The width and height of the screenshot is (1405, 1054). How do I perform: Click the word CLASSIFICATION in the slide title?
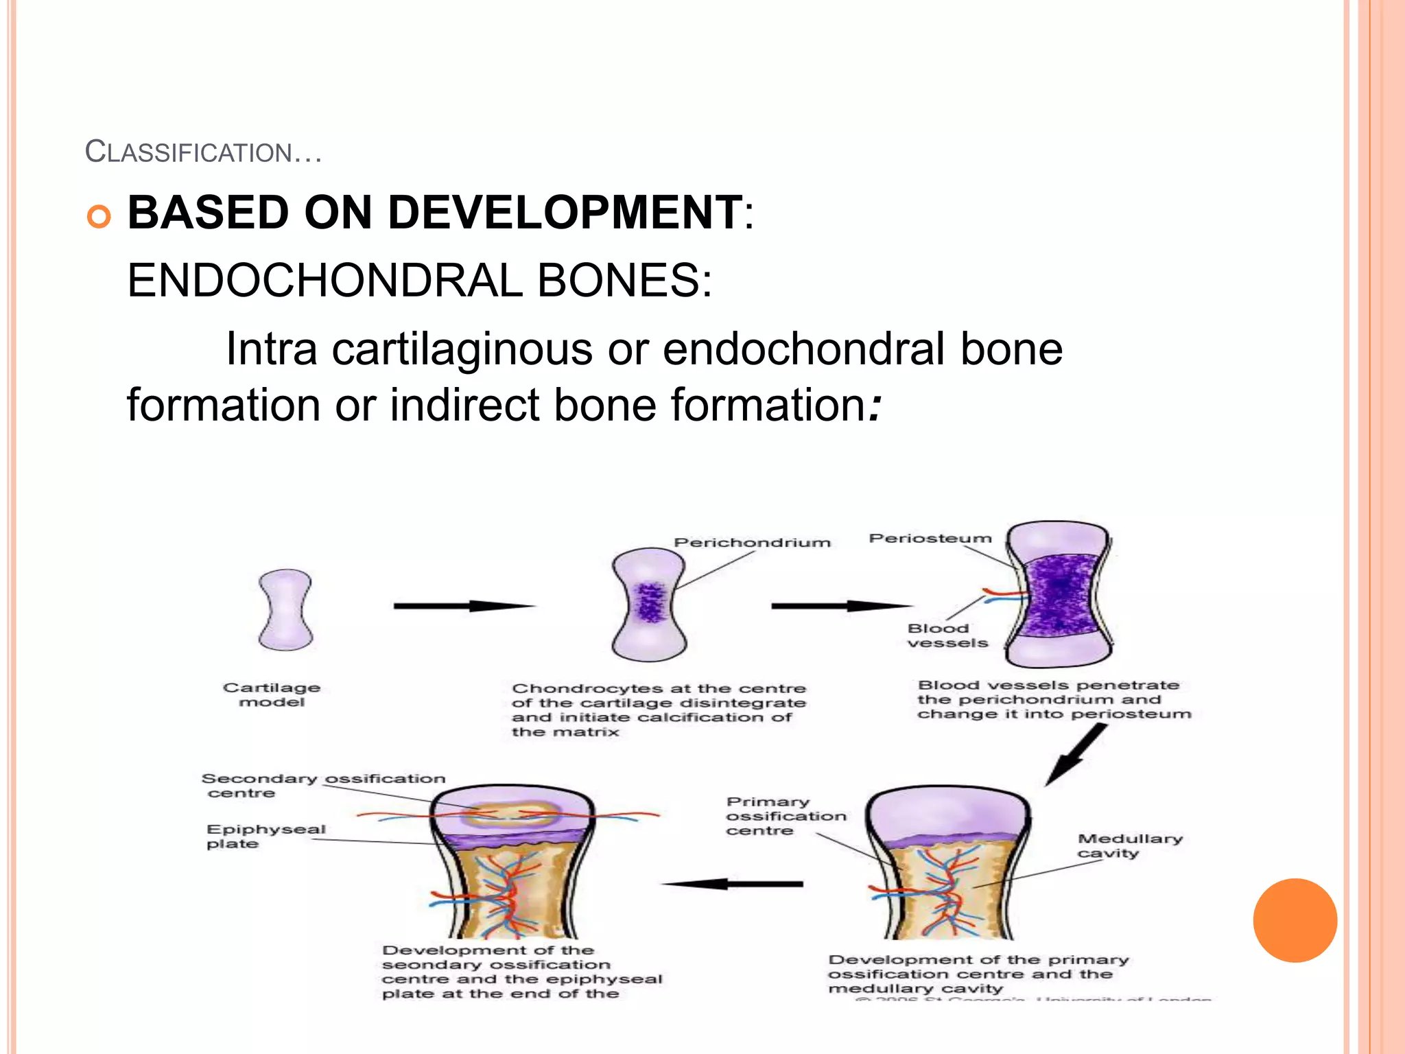pos(189,152)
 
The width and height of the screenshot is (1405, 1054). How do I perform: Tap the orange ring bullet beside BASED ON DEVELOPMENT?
pos(99,217)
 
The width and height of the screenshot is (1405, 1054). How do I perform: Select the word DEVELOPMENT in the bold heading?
pos(565,213)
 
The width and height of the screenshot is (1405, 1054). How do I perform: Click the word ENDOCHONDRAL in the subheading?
pos(324,281)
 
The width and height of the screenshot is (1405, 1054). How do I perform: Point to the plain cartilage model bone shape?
pos(285,609)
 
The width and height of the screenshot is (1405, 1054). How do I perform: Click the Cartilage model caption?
pos(272,694)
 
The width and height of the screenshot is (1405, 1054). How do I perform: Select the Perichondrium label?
pos(752,543)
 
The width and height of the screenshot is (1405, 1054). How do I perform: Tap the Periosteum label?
pos(930,539)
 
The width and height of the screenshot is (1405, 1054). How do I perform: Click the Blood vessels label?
pos(947,635)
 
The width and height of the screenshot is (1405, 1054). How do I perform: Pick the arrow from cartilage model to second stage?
pos(464,606)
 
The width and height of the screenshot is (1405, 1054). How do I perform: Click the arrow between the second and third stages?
pos(841,606)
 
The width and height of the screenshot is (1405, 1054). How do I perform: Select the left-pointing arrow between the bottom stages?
pos(732,884)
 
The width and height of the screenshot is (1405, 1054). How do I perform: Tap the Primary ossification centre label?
pos(786,816)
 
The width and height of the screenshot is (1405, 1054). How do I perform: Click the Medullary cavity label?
pos(1130,845)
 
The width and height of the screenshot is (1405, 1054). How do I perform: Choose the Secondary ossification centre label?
pos(322,786)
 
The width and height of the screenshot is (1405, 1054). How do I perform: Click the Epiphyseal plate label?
pos(265,836)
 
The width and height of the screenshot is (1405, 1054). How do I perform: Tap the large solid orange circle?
pos(1295,920)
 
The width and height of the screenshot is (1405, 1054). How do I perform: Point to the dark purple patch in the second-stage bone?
pos(649,602)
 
